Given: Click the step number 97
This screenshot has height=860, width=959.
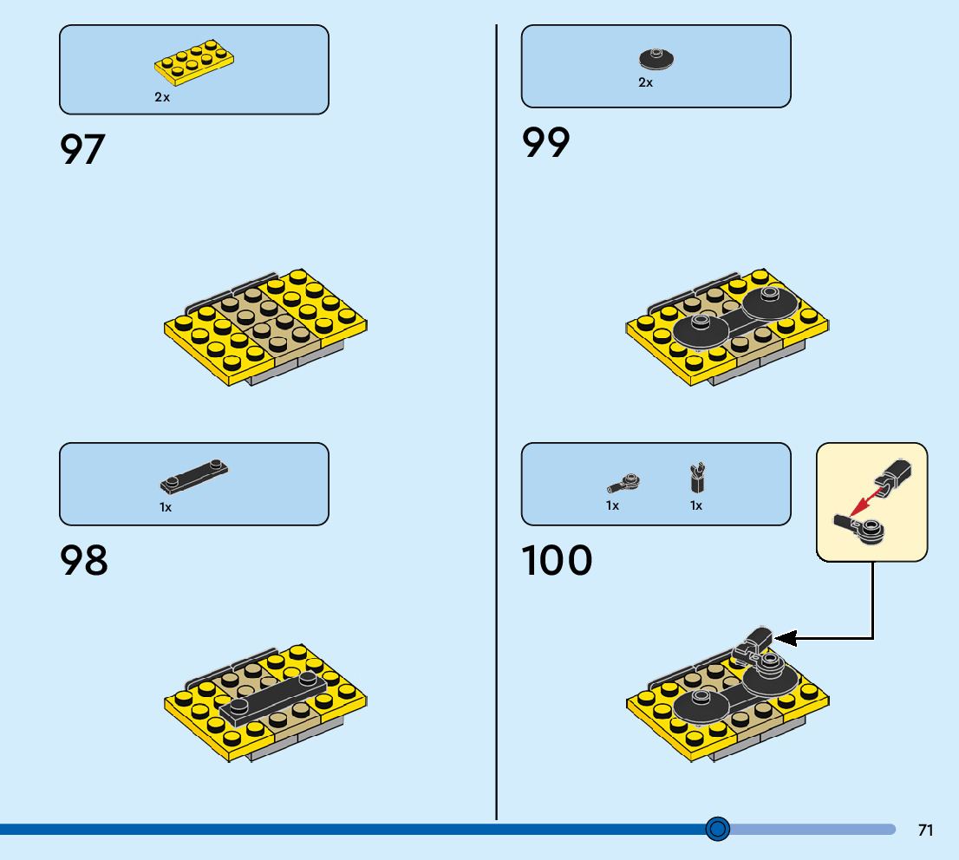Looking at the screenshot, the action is point(82,149).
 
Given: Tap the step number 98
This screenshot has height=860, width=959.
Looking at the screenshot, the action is point(84,561).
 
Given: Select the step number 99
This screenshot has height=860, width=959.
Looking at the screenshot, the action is point(546,143).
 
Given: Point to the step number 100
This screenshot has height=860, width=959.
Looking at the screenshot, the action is point(558,561).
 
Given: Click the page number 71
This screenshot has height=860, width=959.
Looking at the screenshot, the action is point(925,831).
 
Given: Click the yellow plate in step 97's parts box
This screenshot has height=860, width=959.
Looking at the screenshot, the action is point(194,62).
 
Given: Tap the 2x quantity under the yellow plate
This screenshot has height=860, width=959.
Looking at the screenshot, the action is point(162,98).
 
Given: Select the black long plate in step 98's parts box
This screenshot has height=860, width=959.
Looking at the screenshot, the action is point(194,474).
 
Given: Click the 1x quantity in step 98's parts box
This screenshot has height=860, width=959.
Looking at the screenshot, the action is point(166,507).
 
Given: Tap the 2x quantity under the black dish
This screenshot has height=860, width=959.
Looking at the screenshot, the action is point(645,83).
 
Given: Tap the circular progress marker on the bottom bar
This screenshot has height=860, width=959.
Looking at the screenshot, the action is point(717,830).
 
